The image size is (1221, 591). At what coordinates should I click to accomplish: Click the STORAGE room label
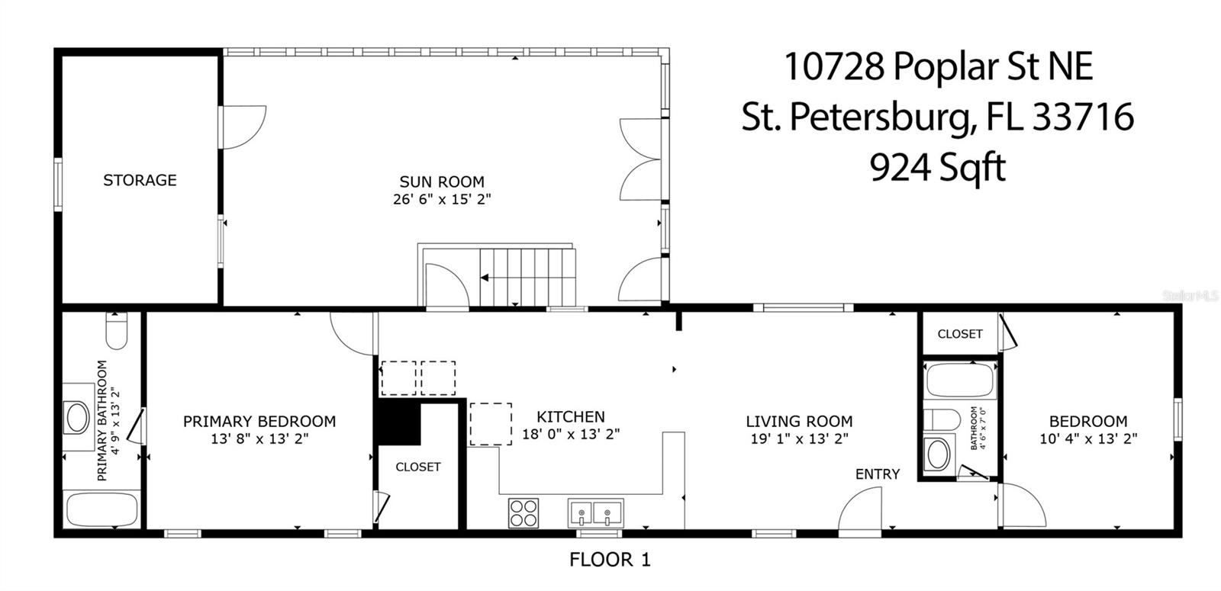coord(140,180)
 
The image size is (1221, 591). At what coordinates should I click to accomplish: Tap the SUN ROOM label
coord(442,181)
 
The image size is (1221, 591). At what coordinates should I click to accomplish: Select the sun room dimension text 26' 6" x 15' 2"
coord(442,199)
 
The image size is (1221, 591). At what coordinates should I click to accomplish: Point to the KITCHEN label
coord(571,416)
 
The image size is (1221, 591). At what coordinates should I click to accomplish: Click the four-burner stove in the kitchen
coord(524,512)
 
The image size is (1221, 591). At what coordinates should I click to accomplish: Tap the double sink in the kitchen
coord(595,512)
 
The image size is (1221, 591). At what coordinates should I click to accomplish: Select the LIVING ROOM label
coord(799,421)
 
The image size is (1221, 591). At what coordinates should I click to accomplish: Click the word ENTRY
coord(877,474)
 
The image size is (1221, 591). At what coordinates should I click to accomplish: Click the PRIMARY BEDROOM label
coord(259,421)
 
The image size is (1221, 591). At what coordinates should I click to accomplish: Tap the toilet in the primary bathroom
coord(117,331)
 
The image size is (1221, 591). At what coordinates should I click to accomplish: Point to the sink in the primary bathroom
coord(78,417)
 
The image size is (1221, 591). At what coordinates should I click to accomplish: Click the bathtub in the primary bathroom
coord(101,509)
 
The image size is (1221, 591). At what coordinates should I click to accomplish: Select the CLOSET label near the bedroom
coord(960,333)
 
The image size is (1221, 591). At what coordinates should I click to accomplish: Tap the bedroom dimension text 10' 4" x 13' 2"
coord(1088,438)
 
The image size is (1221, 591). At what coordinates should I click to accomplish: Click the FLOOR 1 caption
coord(610,560)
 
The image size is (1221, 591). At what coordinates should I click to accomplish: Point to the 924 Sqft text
coord(938,168)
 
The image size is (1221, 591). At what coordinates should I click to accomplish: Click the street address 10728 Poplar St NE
coord(939,67)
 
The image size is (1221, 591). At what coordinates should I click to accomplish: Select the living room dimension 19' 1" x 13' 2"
coord(799,438)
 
